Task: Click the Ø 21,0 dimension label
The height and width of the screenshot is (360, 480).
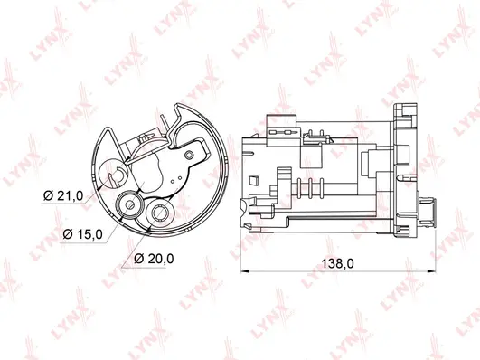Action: [63, 195]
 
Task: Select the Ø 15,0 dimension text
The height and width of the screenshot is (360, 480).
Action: [83, 233]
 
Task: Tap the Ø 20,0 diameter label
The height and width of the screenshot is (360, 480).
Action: [154, 260]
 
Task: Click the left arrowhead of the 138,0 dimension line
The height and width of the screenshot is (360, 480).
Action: [246, 270]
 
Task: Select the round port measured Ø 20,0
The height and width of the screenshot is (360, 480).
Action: [163, 214]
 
